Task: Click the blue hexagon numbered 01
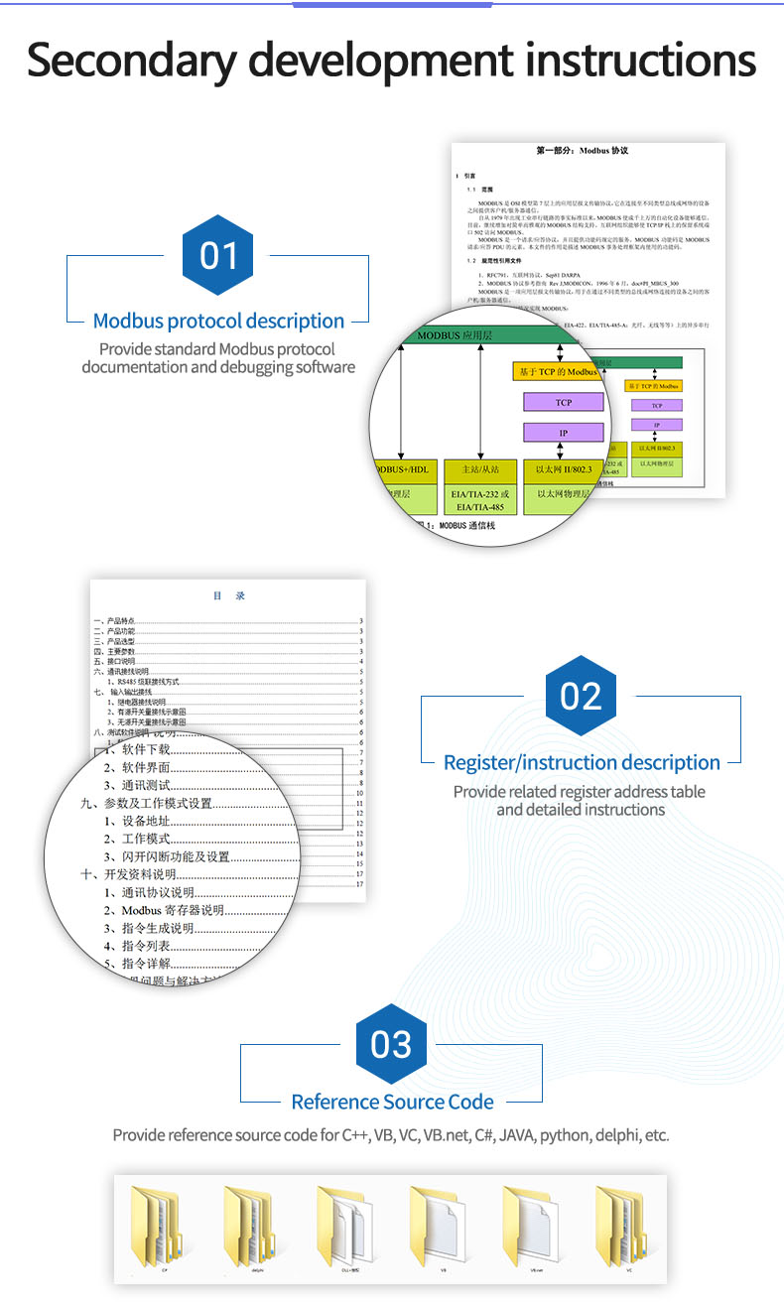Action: pos(218,255)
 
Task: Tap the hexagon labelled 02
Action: pos(581,697)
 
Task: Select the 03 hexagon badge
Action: pos(391,1044)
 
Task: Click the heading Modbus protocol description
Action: pos(218,321)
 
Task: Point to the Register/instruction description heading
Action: pos(582,762)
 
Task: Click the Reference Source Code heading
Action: pos(392,1102)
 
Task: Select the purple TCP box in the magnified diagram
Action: pos(564,403)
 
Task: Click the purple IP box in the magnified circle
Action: pos(564,434)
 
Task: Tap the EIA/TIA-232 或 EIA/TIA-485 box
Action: pos(480,486)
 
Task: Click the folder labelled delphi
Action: pos(257,1227)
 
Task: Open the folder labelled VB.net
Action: pos(536,1227)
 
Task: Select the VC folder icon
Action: pos(628,1227)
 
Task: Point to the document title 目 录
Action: pos(228,595)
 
